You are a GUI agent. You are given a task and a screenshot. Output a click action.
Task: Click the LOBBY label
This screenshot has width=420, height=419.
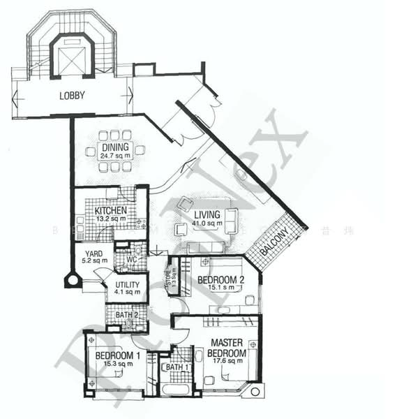73,96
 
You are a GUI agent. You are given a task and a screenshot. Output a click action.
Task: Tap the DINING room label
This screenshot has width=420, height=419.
114,147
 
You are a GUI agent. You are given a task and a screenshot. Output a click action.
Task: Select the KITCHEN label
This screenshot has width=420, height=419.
111,210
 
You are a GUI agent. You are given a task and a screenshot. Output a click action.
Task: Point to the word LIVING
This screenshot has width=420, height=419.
207,214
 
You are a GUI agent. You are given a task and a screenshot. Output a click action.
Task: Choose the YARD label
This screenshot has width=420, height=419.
94,254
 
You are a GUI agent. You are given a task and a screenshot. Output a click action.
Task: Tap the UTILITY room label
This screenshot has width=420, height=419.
128,285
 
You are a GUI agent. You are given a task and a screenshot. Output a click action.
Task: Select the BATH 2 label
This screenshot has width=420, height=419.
127,315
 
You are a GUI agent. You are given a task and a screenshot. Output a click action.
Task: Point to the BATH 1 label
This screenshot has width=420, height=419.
177,367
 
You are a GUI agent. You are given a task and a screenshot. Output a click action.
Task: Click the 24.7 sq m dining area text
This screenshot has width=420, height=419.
115,156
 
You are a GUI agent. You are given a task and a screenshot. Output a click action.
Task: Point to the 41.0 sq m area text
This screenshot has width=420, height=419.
209,223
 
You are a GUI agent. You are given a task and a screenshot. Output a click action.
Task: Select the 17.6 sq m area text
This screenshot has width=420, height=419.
227,362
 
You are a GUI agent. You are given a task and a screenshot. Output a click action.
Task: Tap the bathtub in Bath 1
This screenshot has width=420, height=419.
177,389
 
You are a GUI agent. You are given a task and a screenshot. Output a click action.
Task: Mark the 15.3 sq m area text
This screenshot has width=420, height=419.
115,364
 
